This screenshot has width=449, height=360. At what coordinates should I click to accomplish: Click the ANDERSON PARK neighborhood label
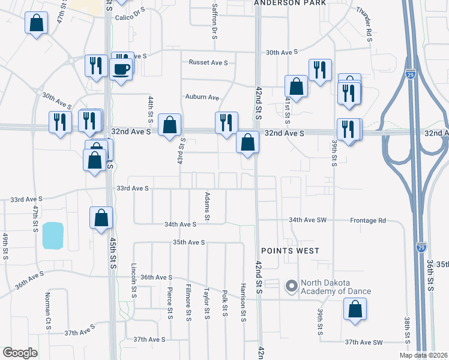290,3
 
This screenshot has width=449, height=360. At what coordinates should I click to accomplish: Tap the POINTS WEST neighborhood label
290,250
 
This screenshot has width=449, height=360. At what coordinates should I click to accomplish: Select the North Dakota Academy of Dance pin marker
292,286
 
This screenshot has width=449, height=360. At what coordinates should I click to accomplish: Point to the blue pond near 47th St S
53,235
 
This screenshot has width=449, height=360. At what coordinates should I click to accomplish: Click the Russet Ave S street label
208,62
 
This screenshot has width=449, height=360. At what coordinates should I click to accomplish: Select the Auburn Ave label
202,97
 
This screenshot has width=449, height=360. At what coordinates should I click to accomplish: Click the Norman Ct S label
48,311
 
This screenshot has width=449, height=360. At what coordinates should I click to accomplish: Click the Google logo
20,353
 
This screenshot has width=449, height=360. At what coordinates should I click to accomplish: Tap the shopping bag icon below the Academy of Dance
355,310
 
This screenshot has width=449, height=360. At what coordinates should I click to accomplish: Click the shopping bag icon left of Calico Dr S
36,24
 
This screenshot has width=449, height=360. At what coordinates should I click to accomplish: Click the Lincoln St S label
134,280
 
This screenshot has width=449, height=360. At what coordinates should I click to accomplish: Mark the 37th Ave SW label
363,342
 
